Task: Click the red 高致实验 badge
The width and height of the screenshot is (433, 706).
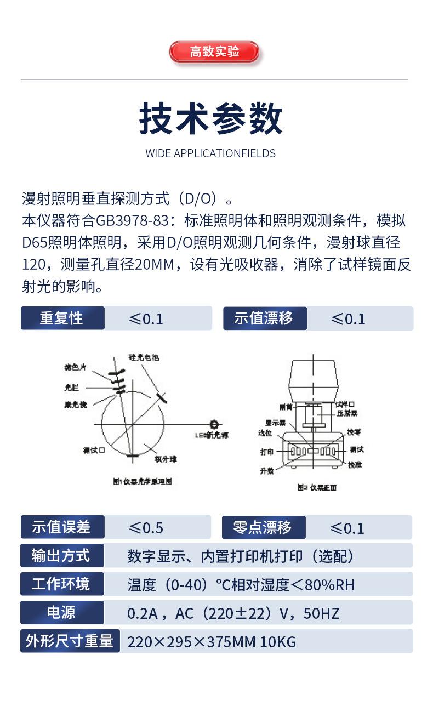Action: tap(214, 52)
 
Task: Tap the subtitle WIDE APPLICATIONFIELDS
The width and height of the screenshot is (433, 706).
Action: tap(210, 153)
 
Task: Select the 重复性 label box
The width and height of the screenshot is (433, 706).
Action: tap(62, 318)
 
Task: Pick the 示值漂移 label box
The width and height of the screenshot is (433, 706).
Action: tap(264, 318)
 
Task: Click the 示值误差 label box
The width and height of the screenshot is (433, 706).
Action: tap(62, 527)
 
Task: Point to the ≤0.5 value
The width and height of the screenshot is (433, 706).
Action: tap(146, 528)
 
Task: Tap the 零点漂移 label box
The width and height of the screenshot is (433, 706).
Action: tap(263, 527)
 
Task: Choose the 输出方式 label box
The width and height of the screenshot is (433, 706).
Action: tap(62, 556)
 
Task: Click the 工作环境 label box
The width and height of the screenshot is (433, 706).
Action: tap(62, 584)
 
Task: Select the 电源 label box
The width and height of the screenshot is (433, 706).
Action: tap(62, 613)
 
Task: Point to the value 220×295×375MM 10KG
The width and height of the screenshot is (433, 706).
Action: tap(212, 642)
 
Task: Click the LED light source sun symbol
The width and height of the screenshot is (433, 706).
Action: tap(214, 424)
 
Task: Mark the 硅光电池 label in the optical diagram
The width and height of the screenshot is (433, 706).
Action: tap(144, 358)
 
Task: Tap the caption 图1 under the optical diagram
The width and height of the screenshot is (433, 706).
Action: tap(142, 481)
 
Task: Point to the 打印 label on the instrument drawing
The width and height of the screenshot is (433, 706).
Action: tap(267, 452)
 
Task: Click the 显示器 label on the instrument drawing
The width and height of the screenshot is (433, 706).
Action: tap(276, 423)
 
